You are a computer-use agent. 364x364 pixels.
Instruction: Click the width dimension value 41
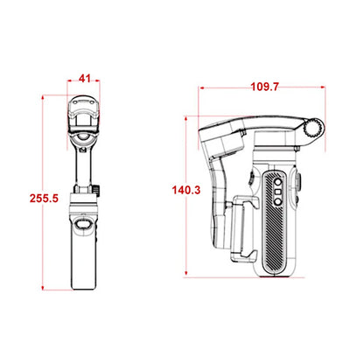[x=85, y=79]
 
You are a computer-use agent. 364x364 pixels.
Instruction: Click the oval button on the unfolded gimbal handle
[x=86, y=226]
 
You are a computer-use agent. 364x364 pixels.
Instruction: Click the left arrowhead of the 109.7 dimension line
[x=202, y=88]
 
